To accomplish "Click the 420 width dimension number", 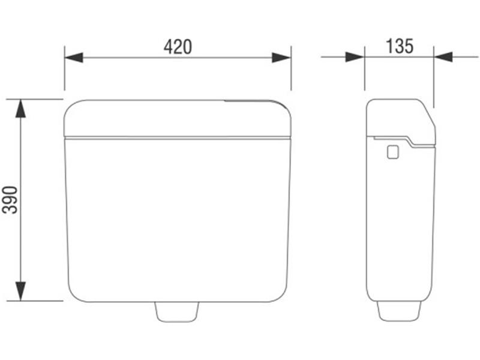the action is coord(178,47).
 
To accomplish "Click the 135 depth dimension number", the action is coord(400,46).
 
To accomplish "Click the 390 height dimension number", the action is coord(10,200).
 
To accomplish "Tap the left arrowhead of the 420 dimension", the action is coord(74,57).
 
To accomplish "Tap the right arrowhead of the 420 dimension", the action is coord(281,57).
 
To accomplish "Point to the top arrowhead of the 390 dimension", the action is coord(20,109).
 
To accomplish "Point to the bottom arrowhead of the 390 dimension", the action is coord(20,291).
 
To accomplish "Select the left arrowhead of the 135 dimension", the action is coord(355,57).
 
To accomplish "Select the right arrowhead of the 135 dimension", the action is coord(443,57).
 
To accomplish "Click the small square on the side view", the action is coord(393,152).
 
